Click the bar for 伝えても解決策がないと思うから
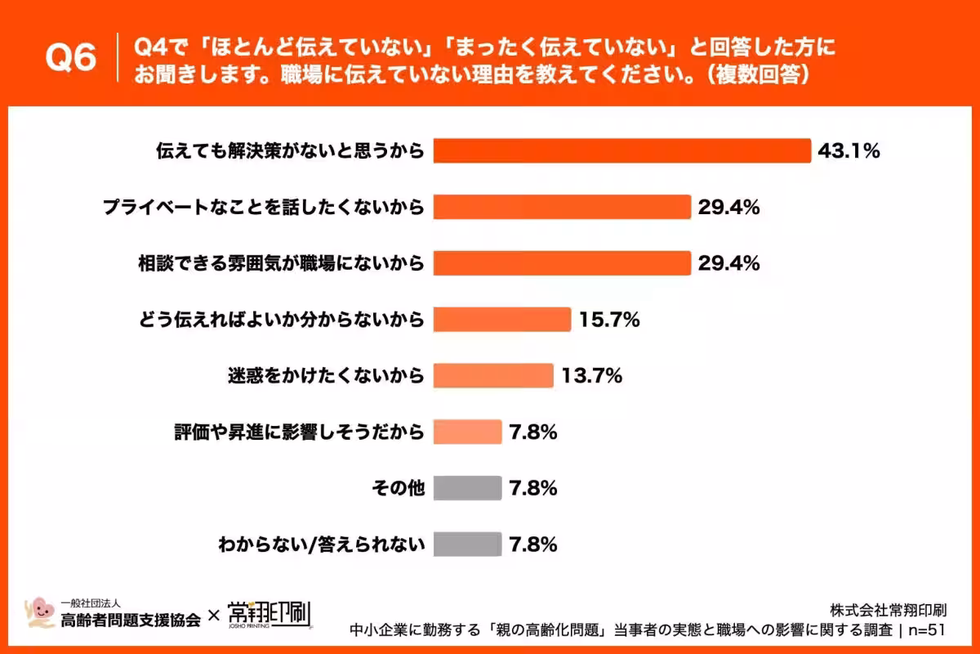click(x=622, y=150)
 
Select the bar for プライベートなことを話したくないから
click(x=562, y=207)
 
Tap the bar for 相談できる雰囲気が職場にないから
click(x=562, y=263)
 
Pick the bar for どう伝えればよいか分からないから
click(x=502, y=320)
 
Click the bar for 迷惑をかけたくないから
click(x=493, y=375)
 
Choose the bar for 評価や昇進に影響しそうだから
click(x=468, y=432)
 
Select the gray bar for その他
click(x=468, y=488)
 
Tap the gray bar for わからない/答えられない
click(x=468, y=544)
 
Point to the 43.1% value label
click(x=849, y=151)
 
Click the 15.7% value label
click(x=609, y=320)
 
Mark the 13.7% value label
click(x=591, y=376)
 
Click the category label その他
click(x=399, y=488)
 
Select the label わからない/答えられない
click(x=322, y=544)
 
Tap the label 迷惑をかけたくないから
click(x=326, y=376)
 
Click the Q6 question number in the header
click(x=70, y=57)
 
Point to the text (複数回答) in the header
click(x=758, y=75)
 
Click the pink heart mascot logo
click(x=39, y=612)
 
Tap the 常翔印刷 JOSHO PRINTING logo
click(x=269, y=615)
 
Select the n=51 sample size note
click(x=927, y=630)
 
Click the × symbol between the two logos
click(x=213, y=616)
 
